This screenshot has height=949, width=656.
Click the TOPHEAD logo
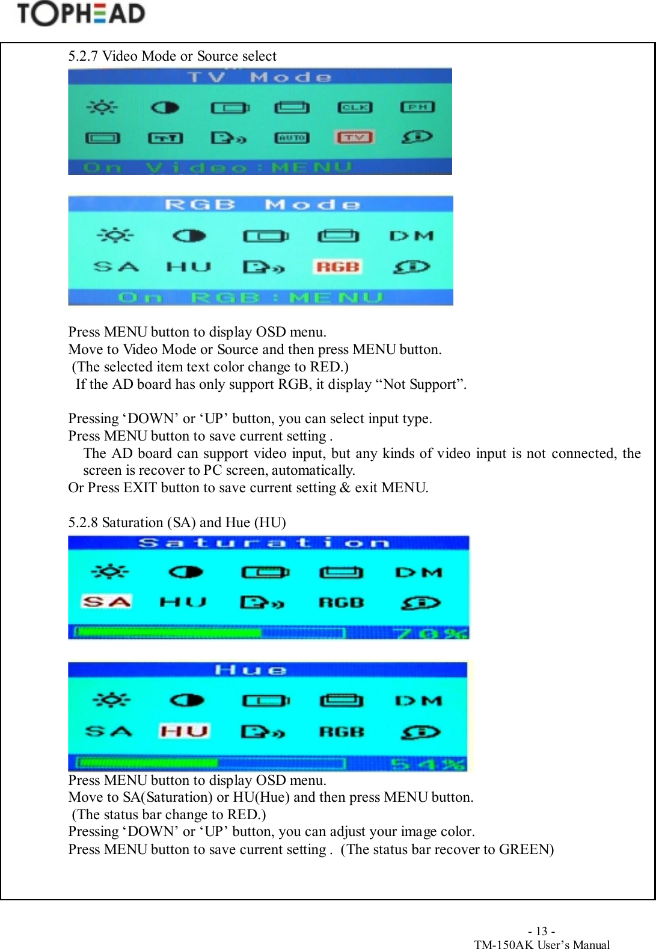pos(81,14)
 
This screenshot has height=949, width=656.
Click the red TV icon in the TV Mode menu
pos(354,138)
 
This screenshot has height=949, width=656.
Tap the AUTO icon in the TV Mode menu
pos(292,138)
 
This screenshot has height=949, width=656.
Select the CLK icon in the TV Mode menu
pos(355,108)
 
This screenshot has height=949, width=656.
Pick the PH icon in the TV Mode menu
pos(417,107)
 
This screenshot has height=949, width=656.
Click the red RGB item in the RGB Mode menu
pos(337,267)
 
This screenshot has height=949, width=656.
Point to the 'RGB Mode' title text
pos(262,205)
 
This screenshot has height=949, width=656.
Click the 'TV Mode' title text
pos(260,78)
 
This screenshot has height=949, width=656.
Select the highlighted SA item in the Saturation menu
pos(106,602)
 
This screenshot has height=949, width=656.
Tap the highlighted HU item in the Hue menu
pos(184,731)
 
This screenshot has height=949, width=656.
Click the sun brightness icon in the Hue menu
pos(111,700)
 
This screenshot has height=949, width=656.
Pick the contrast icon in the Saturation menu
pos(186,572)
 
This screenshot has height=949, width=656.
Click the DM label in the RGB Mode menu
pos(411,236)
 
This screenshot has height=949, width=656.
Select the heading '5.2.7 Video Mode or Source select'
pos(172,56)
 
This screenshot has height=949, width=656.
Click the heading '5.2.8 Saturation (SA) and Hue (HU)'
pos(177,522)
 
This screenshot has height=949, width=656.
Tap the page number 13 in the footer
pos(541,931)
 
